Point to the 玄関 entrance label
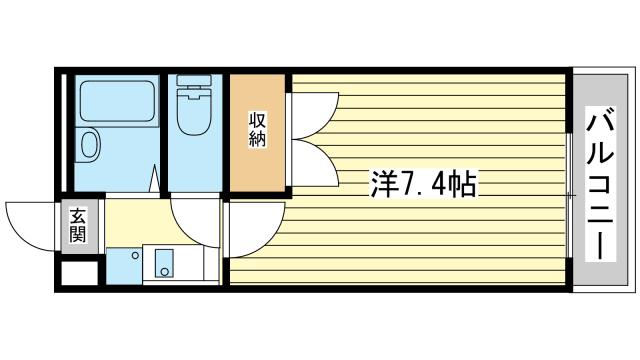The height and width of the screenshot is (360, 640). pyautogui.click(x=77, y=226)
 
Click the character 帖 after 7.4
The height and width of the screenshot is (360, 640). pyautogui.click(x=460, y=184)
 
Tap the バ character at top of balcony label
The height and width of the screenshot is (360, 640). pyautogui.click(x=601, y=126)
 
